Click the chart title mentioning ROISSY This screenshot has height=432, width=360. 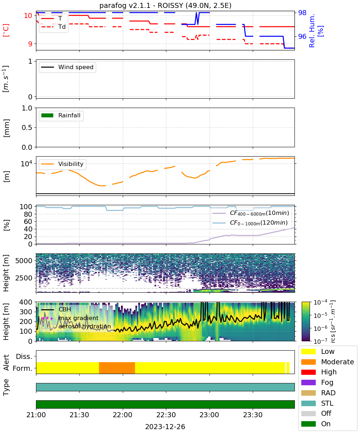click(165, 5)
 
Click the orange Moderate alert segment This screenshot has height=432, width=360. click(117, 368)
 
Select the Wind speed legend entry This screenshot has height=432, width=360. click(67, 67)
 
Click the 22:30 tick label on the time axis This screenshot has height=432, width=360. click(166, 415)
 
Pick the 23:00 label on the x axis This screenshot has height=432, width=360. click(210, 415)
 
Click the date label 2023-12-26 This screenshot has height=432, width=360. click(165, 427)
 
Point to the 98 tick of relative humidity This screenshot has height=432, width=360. click(302, 13)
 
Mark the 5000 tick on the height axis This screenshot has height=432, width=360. click(24, 261)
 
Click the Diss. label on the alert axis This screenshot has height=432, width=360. click(24, 356)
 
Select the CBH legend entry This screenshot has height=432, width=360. click(56, 309)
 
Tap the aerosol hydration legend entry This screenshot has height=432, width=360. click(76, 326)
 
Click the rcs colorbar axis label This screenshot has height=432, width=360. click(333, 321)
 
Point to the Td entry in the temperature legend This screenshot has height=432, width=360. click(53, 27)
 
